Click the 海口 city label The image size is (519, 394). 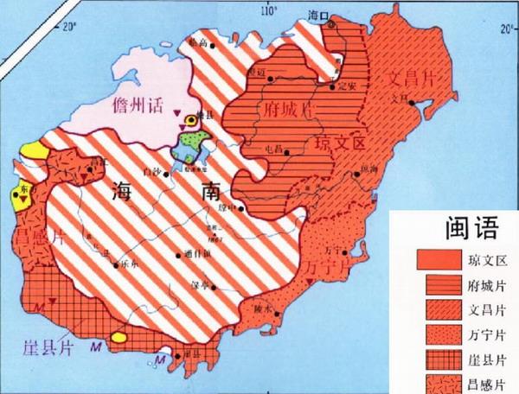pyautogui.click(x=320, y=13)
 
